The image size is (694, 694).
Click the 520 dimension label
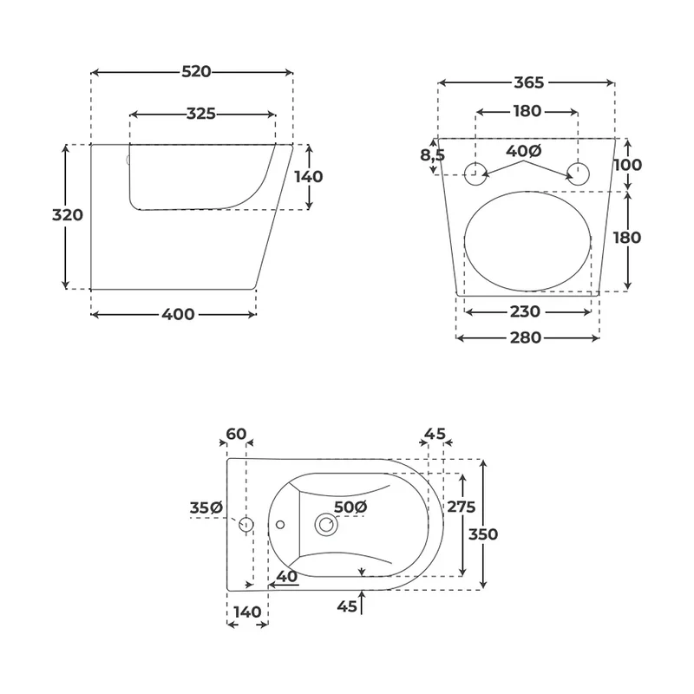(196, 72)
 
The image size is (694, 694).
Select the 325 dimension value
(201, 114)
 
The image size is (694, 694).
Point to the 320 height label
(68, 215)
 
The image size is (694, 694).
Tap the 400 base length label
(178, 314)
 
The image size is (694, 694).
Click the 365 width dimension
(529, 82)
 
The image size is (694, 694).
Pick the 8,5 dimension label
(432, 155)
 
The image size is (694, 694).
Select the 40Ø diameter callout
(524, 151)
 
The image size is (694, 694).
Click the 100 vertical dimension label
(627, 165)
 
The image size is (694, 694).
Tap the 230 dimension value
(525, 311)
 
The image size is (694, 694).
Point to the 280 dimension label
(526, 337)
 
